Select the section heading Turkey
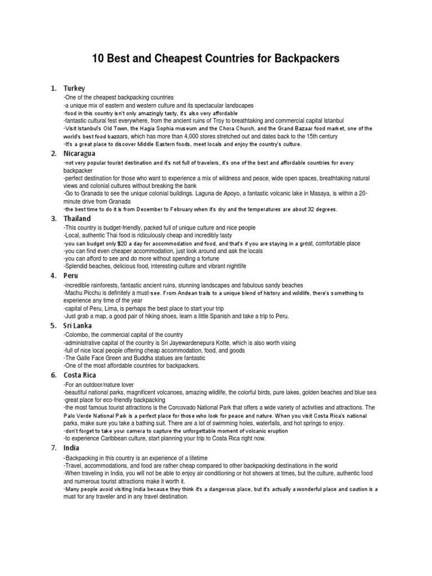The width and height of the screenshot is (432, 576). point(74,88)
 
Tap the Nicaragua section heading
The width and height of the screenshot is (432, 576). point(79,153)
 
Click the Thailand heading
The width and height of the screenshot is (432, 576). point(77,218)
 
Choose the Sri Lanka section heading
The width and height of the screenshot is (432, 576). point(78,325)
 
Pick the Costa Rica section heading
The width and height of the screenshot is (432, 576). point(80,375)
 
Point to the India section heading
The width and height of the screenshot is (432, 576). point(71,448)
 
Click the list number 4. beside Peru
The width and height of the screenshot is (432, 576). point(53,276)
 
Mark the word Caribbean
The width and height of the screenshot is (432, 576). point(115,438)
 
